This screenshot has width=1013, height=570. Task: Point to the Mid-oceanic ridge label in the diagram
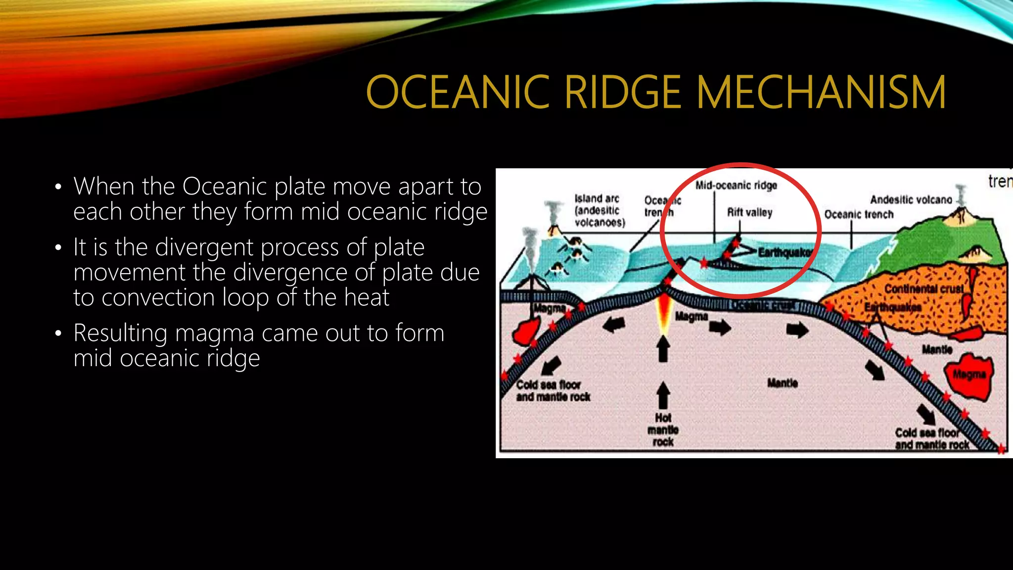click(x=736, y=186)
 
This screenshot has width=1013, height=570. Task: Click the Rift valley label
click(x=749, y=213)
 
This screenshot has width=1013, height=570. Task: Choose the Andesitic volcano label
click(x=911, y=200)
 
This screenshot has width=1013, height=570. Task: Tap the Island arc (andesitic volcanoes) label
click(x=599, y=211)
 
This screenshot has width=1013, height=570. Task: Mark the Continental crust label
click(x=923, y=288)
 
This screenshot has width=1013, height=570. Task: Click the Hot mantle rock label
click(x=663, y=429)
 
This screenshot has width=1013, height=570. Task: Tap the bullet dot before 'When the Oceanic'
click(x=58, y=187)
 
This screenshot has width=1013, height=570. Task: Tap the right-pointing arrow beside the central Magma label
click(x=720, y=327)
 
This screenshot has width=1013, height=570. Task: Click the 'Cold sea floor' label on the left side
click(x=548, y=385)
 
